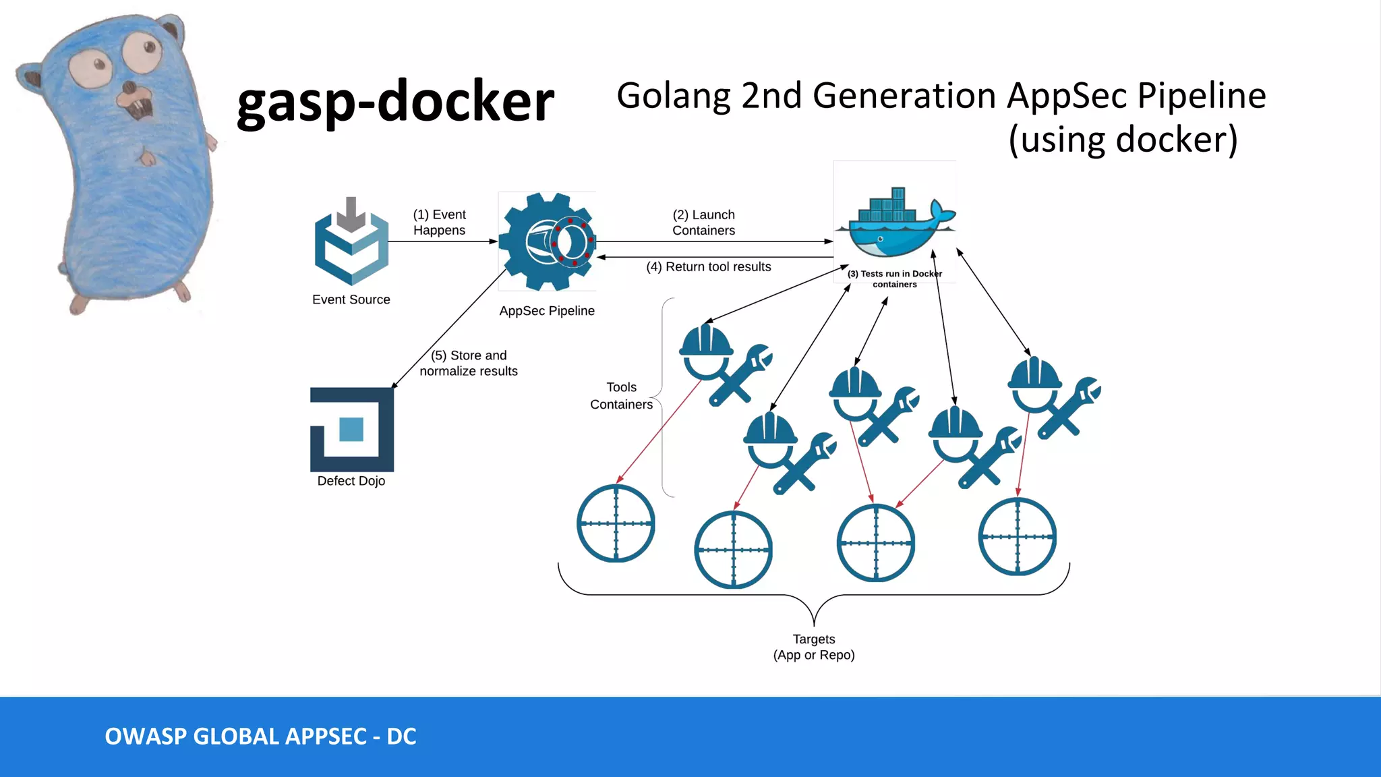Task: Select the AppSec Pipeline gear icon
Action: [x=547, y=241]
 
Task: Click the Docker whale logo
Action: [x=895, y=223]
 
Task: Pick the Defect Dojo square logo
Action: [x=352, y=429]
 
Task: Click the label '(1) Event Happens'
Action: [x=439, y=222]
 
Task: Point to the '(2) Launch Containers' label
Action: [x=703, y=222]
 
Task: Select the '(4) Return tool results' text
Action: [x=708, y=266]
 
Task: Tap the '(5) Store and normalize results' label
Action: [x=469, y=363]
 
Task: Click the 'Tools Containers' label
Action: [x=621, y=395]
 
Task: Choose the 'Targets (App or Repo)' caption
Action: [x=814, y=646]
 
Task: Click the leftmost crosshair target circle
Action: [x=616, y=523]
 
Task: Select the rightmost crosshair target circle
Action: [x=1017, y=536]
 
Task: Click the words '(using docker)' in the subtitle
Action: [x=1123, y=139]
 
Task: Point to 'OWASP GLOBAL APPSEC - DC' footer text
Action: [x=260, y=736]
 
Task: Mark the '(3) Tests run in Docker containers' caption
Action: [x=894, y=279]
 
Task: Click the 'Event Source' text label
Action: [x=351, y=299]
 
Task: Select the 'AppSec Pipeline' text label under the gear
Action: [x=547, y=311]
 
